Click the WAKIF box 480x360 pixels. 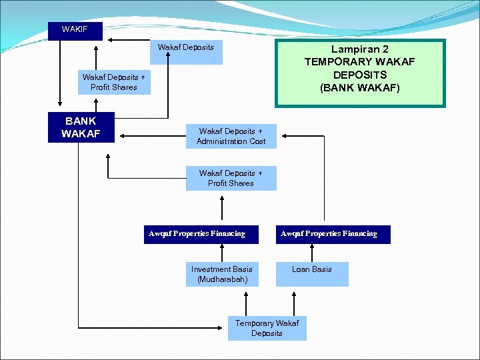(x=75, y=31)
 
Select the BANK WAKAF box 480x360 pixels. (x=81, y=127)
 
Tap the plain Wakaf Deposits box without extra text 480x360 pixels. (x=186, y=52)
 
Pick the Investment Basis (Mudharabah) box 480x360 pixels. (x=222, y=274)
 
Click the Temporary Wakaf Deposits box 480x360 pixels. (x=267, y=328)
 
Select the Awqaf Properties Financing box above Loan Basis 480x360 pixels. (x=333, y=234)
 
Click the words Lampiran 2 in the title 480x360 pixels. (x=360, y=49)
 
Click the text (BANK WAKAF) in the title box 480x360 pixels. (x=360, y=87)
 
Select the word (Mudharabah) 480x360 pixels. (x=222, y=279)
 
